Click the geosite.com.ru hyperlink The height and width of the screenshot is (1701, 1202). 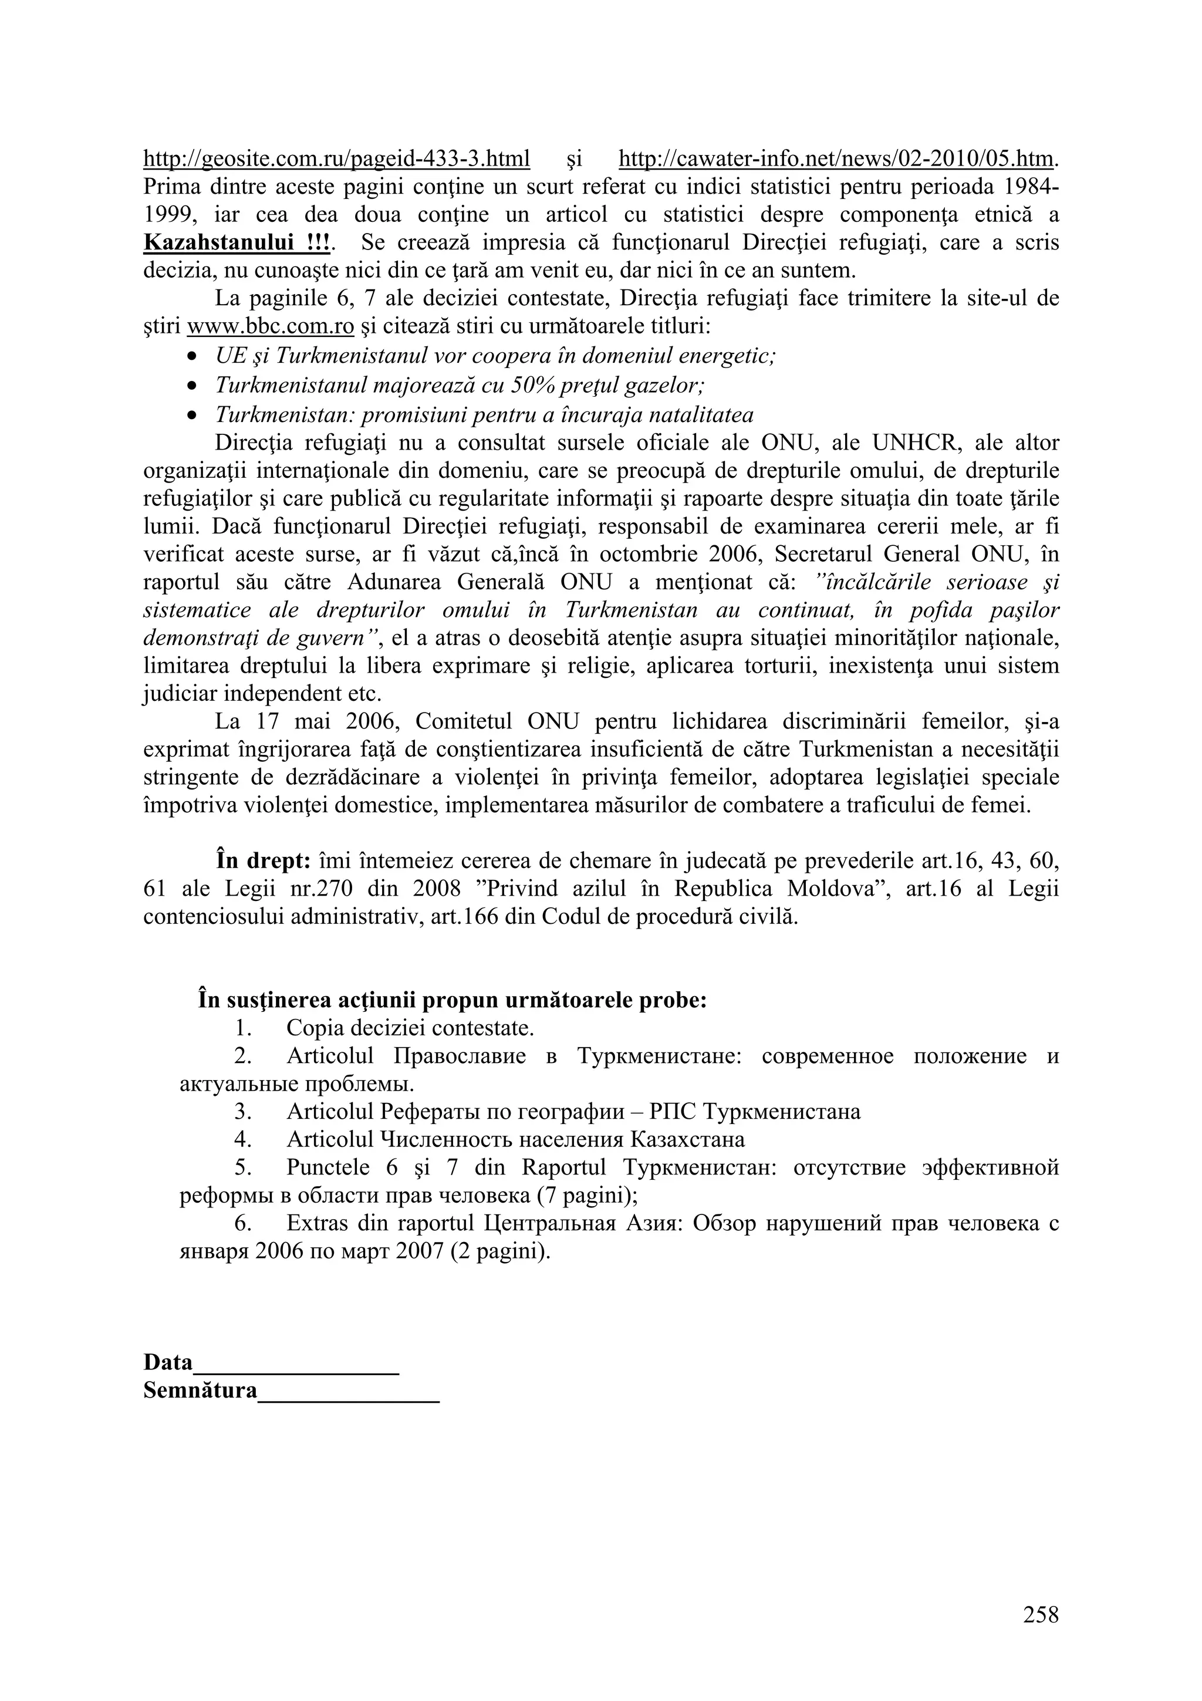(336, 158)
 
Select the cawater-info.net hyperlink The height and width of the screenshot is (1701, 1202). (835, 158)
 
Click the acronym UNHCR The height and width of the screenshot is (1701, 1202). (916, 443)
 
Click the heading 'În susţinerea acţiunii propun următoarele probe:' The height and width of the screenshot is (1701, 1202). (453, 1000)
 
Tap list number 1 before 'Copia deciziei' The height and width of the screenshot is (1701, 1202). (241, 1028)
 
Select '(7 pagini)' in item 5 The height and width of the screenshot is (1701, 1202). (588, 1196)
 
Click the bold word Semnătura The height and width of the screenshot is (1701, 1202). (200, 1391)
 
